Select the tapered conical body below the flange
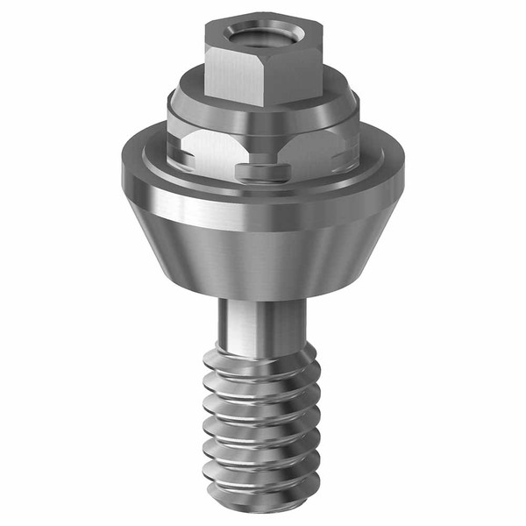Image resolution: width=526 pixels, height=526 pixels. (x=263, y=254)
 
